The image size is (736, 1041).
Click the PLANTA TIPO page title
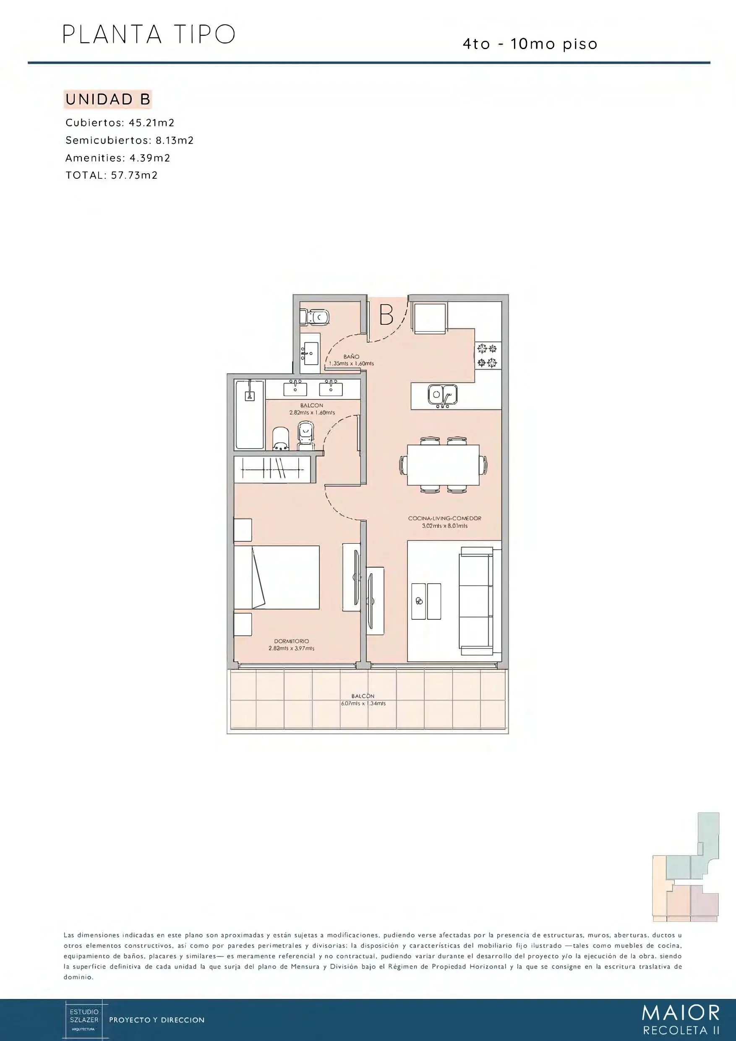(149, 34)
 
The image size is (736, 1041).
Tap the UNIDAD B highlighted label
(108, 99)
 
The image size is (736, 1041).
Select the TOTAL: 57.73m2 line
(112, 175)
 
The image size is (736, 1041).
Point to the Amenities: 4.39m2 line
(118, 158)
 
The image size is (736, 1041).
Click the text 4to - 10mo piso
(530, 44)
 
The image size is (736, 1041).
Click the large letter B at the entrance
(386, 315)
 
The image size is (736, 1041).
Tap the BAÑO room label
(352, 357)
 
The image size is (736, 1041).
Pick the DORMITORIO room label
(292, 641)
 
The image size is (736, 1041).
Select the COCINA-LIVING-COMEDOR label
(444, 518)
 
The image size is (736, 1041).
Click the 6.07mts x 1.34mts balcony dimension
(363, 704)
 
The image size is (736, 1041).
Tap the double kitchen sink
(442, 396)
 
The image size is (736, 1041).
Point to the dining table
(443, 465)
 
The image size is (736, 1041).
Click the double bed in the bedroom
(277, 577)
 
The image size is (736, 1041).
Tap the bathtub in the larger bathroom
(249, 415)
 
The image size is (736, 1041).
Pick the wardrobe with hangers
(272, 469)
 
